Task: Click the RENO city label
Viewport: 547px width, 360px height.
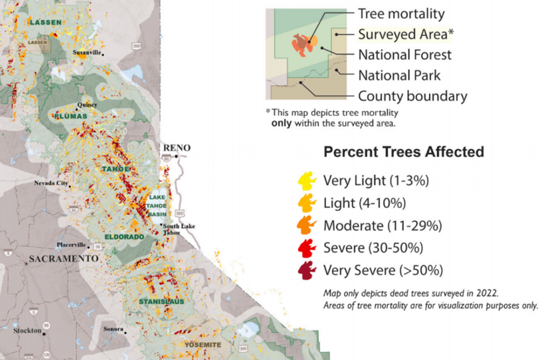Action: tap(177, 148)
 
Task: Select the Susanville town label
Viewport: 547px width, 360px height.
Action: tap(87, 53)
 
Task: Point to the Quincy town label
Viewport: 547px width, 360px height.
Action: tap(86, 104)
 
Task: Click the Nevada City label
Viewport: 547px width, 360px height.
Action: tap(52, 183)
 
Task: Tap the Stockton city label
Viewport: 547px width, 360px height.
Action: tap(27, 330)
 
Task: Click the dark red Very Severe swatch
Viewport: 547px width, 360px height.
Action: tap(306, 271)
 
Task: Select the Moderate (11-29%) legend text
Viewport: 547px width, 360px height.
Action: tap(382, 225)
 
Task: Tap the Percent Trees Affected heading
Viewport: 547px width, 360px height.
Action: tap(403, 153)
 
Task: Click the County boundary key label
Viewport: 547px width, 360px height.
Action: tap(412, 96)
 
